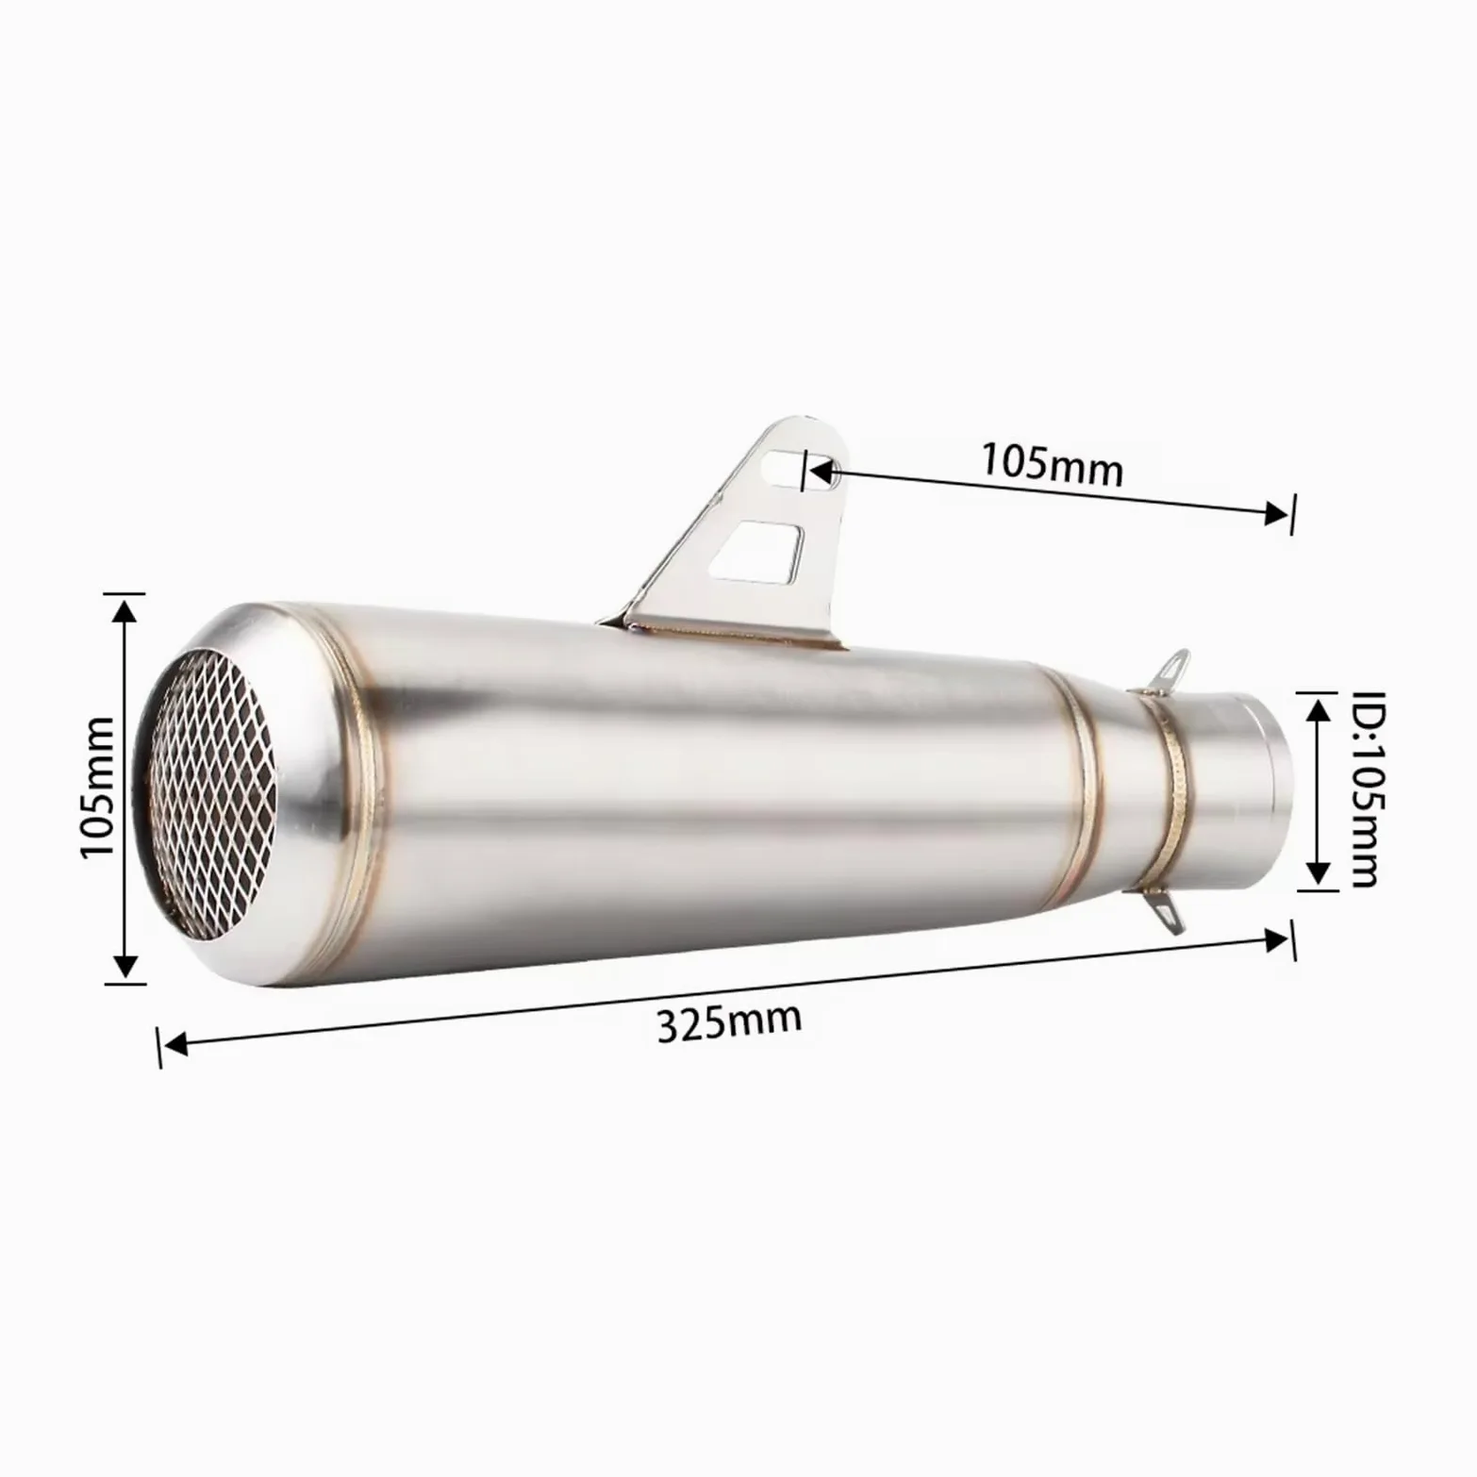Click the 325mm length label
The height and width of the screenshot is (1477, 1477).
pyautogui.click(x=729, y=1021)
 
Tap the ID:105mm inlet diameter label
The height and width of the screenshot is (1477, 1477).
pyautogui.click(x=1365, y=789)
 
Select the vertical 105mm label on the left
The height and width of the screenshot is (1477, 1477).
pyautogui.click(x=97, y=787)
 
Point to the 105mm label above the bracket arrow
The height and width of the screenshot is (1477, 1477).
pyautogui.click(x=1053, y=463)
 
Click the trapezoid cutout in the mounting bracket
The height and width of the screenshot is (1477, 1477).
pyautogui.click(x=759, y=551)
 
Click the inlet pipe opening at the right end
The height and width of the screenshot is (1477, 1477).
pyautogui.click(x=1244, y=787)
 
